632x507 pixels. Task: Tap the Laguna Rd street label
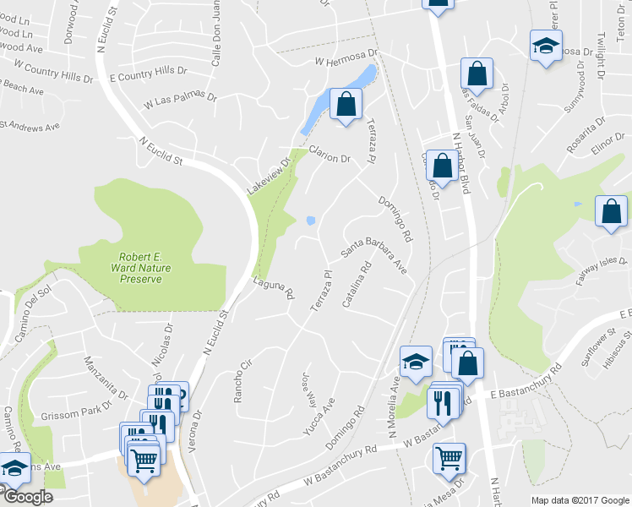point(273,290)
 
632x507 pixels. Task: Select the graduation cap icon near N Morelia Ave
point(416,362)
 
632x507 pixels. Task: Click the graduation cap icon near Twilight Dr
point(546,44)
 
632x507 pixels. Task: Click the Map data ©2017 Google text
point(580,499)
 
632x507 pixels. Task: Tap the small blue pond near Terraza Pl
point(311,221)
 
